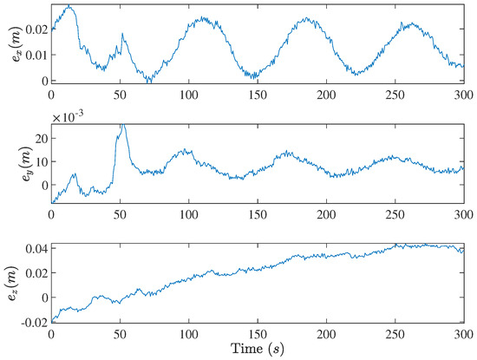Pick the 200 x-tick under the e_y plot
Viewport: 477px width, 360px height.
[327, 213]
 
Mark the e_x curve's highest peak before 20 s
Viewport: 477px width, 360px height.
[69, 7]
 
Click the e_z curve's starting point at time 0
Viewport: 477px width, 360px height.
[52, 319]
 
